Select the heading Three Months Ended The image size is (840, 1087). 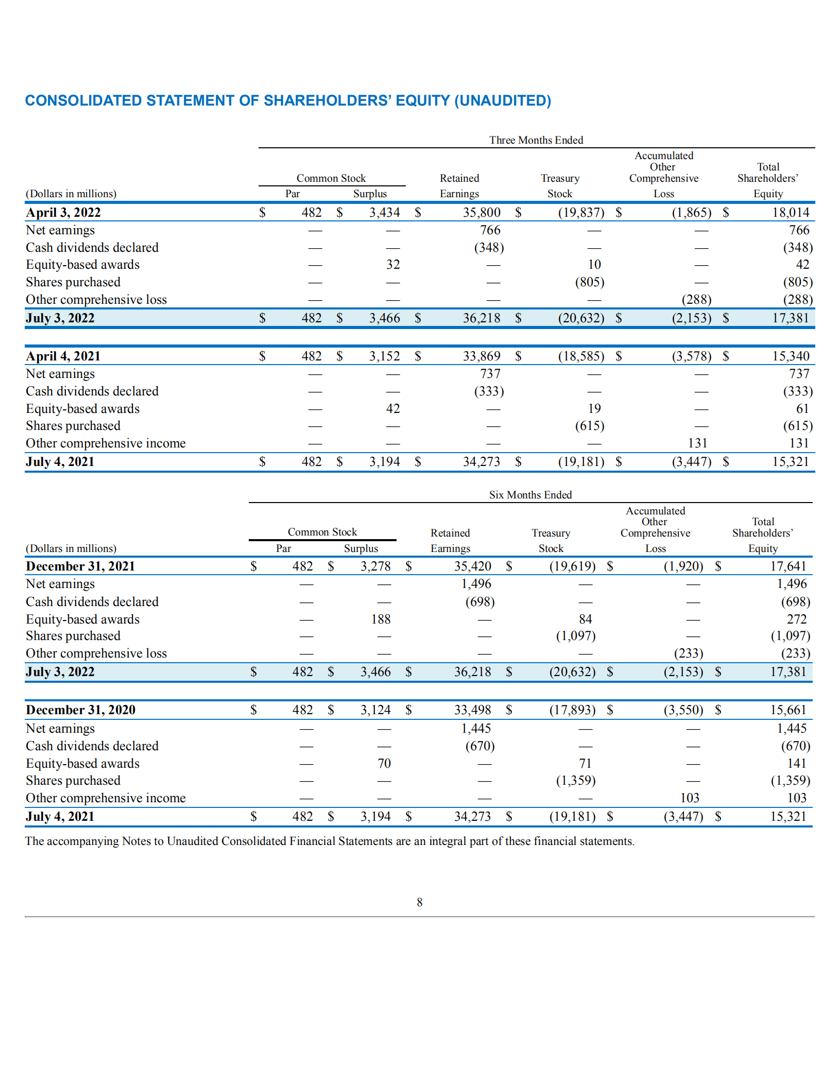tap(536, 140)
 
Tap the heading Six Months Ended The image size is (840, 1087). tap(530, 495)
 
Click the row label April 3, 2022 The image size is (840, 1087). tap(63, 213)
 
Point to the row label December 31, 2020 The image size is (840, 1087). tap(81, 710)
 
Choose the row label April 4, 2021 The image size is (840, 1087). tap(63, 356)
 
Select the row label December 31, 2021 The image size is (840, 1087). tap(81, 566)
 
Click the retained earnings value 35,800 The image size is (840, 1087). tap(482, 213)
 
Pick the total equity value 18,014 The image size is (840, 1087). tap(791, 213)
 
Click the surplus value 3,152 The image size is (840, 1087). tap(384, 356)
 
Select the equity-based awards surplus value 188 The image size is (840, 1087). tap(381, 619)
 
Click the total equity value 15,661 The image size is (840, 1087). tap(787, 710)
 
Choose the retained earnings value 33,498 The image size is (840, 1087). tap(472, 710)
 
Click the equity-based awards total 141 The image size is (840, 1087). tap(796, 763)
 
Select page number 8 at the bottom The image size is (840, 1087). tap(420, 902)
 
